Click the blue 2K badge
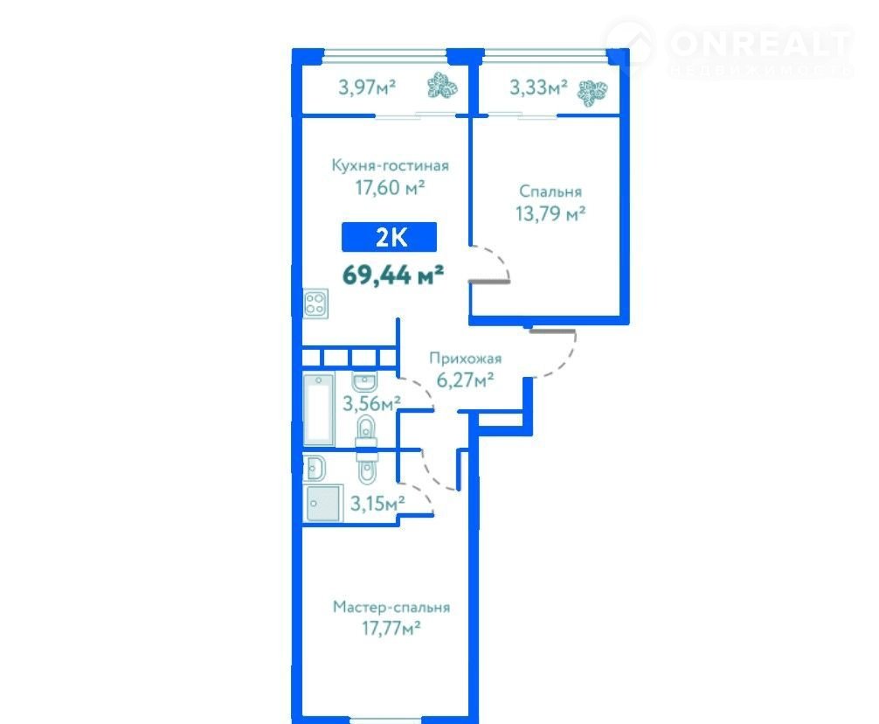pos(389,237)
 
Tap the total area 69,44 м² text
pos(393,275)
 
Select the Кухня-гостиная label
pos(391,165)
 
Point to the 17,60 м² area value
pos(390,187)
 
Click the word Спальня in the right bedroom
pos(550,191)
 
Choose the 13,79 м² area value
pos(550,213)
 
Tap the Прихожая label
pos(466,358)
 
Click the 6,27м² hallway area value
pos(466,379)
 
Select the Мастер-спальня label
pos(391,608)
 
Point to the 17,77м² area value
pos(391,628)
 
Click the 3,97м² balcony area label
pos(367,87)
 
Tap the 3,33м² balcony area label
pos(538,87)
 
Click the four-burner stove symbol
pos(315,304)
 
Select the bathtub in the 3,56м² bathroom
pos(318,408)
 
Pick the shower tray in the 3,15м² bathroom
pos(323,503)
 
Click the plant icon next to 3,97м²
pos(442,87)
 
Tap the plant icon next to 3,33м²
pos(592,93)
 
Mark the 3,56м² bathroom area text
pos(371,403)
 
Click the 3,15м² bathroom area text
pos(377,503)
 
